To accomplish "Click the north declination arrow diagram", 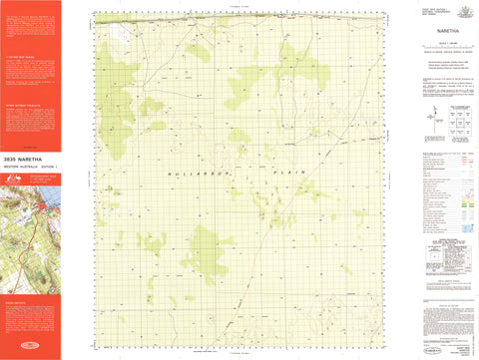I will (x=427, y=118).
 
